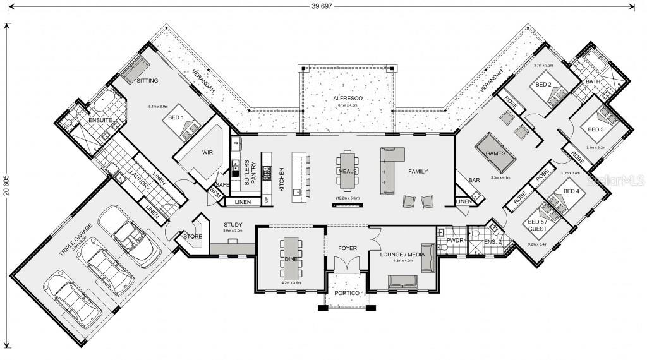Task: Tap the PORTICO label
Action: tap(346, 293)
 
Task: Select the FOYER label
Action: tap(348, 248)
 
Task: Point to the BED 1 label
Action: tap(175, 117)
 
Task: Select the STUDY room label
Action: tap(233, 224)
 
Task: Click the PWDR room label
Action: tap(456, 241)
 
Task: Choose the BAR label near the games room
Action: tap(473, 181)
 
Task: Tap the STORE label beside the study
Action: tap(192, 237)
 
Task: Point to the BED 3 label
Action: tap(596, 129)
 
